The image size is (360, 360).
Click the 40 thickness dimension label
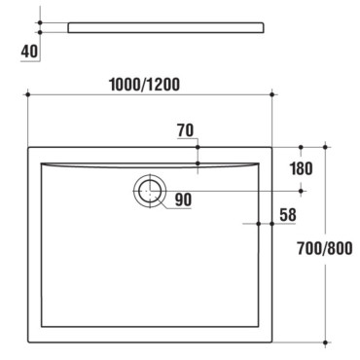29,52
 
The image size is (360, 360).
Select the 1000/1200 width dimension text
144,85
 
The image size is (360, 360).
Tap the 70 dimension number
186,130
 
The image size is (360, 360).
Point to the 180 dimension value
302,168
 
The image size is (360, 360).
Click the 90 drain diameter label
183,199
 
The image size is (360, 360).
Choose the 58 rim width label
288,215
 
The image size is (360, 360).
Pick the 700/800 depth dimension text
325,249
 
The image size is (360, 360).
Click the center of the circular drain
150,191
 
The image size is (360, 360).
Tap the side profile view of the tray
165,27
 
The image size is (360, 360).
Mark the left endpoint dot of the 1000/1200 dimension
28,94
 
